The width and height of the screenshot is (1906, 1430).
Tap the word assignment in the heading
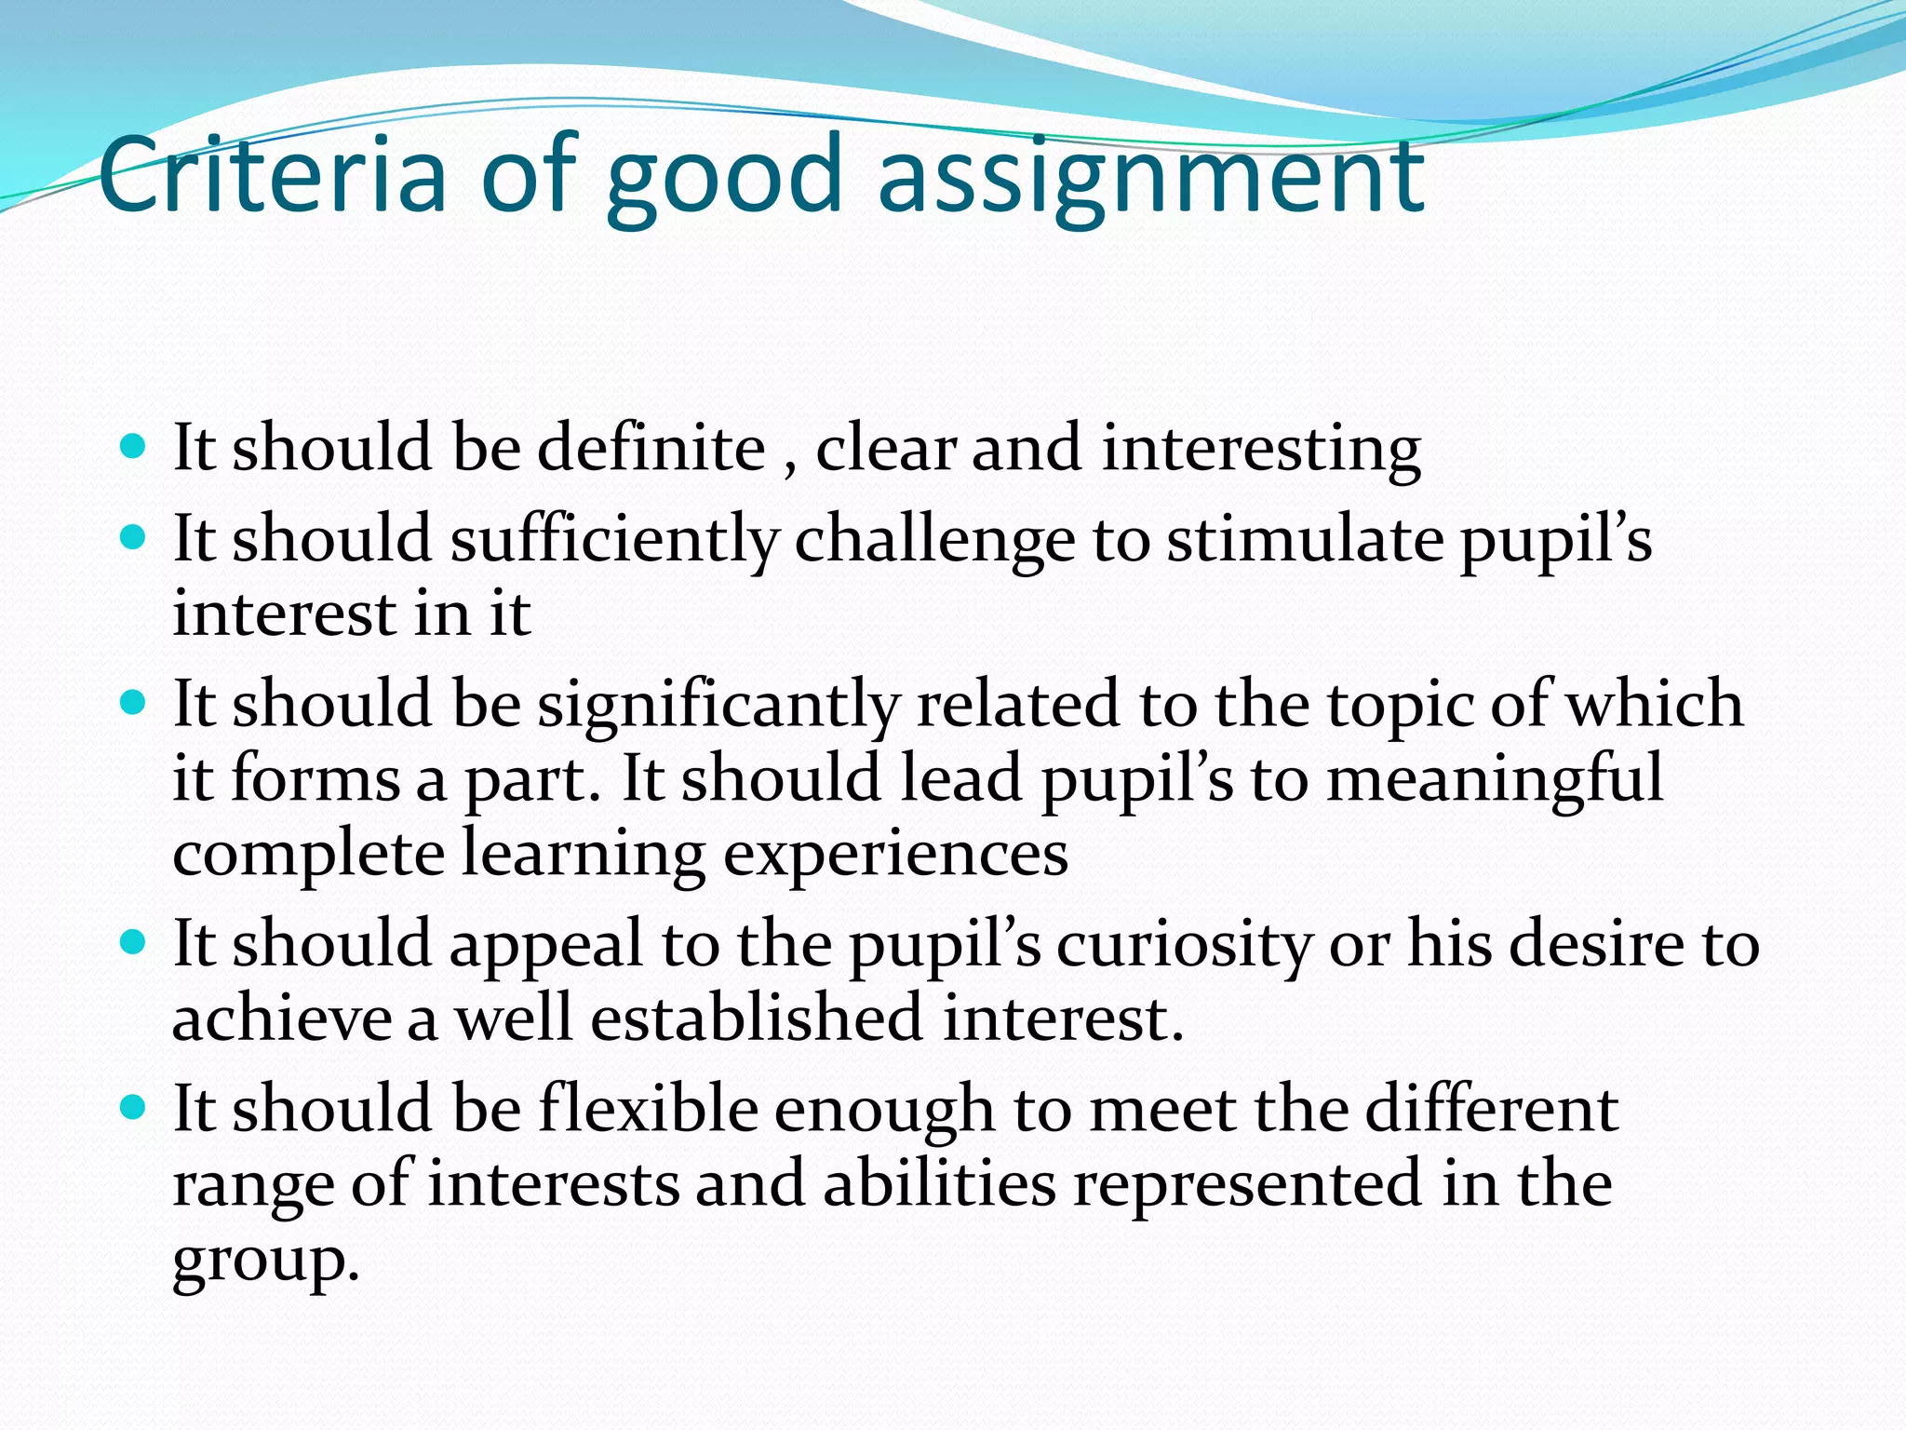pos(1149,177)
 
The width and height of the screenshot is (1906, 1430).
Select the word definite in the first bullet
pos(651,449)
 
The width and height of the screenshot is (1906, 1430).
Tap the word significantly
pos(718,706)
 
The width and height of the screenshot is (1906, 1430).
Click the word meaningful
pos(1494,780)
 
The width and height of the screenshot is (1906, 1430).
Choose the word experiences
pos(895,855)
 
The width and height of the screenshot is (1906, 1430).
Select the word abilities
pos(939,1184)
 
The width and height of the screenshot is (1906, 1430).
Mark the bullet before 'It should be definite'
pos(134,446)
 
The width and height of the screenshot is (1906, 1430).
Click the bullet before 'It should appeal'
pos(134,942)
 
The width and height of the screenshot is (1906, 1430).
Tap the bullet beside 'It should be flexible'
pos(134,1107)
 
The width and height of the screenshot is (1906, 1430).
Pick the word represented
pos(1248,1184)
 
